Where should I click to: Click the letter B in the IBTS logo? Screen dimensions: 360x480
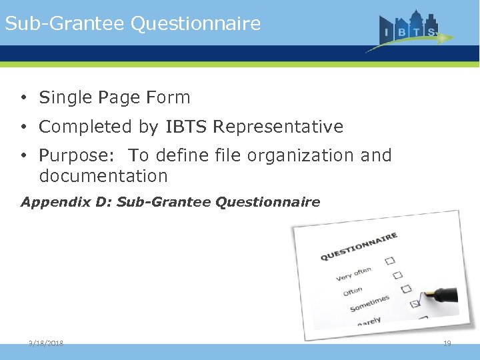click(401, 32)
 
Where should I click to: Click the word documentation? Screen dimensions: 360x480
click(103, 177)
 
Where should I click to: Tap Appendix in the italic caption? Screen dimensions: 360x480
click(49, 202)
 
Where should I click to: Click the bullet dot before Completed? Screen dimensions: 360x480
click(23, 127)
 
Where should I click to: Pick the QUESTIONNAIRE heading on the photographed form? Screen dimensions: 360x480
click(359, 247)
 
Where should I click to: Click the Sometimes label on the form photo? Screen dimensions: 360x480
click(369, 303)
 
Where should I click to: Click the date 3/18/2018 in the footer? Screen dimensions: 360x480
click(46, 343)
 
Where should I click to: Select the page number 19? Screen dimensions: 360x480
click(447, 343)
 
